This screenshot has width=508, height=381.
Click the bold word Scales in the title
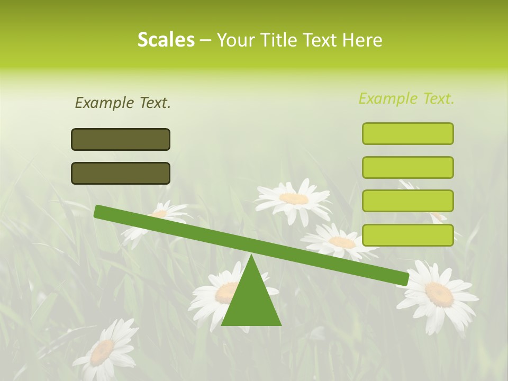(x=166, y=40)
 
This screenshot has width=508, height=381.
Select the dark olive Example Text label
(x=123, y=103)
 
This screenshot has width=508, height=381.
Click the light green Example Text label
(x=406, y=98)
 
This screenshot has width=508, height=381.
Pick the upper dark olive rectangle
(x=121, y=139)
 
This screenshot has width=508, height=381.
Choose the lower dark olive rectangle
(x=121, y=173)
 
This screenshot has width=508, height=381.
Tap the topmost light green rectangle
(x=407, y=133)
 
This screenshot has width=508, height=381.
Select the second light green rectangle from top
(x=407, y=167)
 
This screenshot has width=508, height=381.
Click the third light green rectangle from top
(x=407, y=201)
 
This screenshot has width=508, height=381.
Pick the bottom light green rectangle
(x=407, y=235)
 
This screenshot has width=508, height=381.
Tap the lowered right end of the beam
(x=404, y=279)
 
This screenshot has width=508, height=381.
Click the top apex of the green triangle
(x=251, y=256)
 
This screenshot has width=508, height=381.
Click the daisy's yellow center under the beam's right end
(x=439, y=294)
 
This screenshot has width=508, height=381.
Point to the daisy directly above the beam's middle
(x=294, y=199)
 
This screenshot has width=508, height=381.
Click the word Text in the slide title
(x=322, y=40)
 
